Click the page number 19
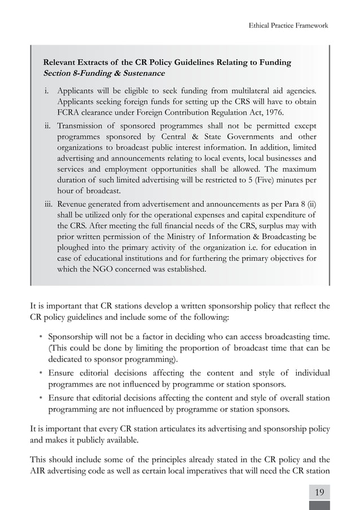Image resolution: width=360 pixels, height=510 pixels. click(x=319, y=492)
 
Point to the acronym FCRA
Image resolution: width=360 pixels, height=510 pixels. click(x=69, y=112)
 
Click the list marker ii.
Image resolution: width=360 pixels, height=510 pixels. click(x=49, y=125)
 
